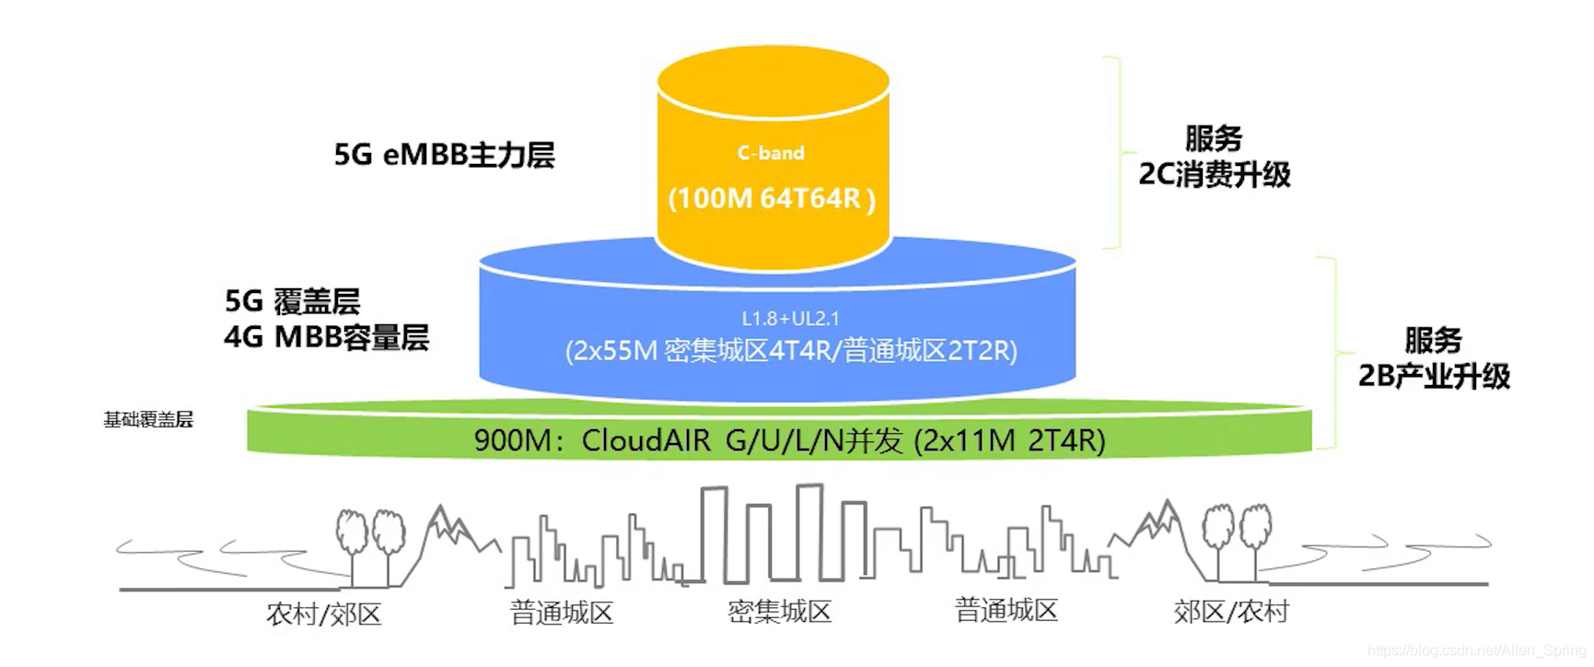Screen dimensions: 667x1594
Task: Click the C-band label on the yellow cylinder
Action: (x=771, y=153)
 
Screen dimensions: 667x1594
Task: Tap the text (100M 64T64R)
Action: (x=772, y=198)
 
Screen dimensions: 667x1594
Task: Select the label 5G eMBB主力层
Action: (x=444, y=155)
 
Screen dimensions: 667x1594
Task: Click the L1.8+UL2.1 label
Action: (x=790, y=319)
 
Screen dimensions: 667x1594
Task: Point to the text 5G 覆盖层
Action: (x=292, y=301)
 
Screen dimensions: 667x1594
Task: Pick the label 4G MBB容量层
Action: (x=326, y=337)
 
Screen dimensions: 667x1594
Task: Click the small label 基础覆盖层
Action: (x=148, y=420)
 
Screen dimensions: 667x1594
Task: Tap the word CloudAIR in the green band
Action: (x=646, y=441)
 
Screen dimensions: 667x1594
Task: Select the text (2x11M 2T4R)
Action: (x=1009, y=441)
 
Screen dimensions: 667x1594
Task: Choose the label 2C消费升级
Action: (x=1215, y=174)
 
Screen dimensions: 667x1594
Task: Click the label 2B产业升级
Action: (x=1434, y=376)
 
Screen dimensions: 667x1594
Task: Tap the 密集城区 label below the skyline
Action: (x=779, y=612)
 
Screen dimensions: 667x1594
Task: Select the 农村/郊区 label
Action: (x=323, y=614)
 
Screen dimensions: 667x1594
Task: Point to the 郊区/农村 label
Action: (x=1230, y=612)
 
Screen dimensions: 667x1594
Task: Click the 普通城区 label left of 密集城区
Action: (x=562, y=613)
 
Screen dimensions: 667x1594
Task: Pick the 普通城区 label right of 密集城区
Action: (x=1006, y=610)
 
